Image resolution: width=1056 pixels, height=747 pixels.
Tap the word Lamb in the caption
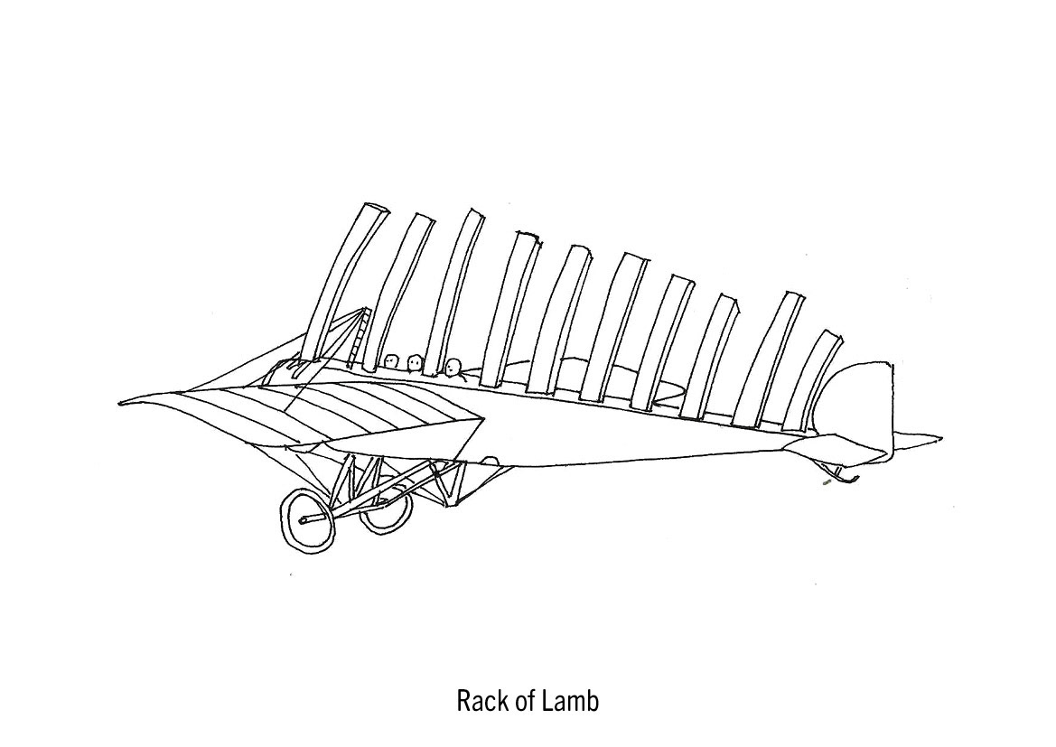click(570, 701)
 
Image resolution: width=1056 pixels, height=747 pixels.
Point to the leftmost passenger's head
click(391, 361)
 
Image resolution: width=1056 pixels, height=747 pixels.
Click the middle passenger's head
click(415, 362)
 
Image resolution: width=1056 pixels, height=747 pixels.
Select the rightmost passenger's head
click(453, 366)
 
